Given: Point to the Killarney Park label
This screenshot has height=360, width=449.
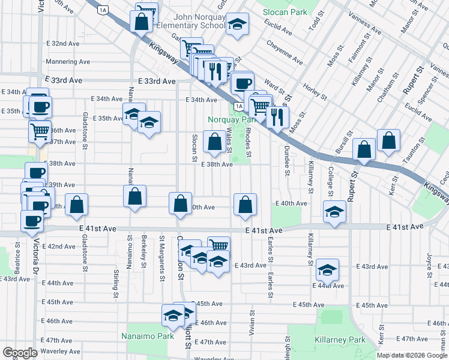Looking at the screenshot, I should click(340, 340).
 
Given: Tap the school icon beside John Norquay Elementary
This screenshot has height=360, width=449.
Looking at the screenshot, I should click(238, 25).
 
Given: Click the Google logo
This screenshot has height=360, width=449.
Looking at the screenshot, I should click(20, 353).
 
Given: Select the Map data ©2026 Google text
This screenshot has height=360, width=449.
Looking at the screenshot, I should click(412, 355).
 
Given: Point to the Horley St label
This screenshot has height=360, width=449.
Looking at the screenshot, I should click(315, 89).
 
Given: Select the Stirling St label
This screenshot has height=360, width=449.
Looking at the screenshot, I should click(115, 284).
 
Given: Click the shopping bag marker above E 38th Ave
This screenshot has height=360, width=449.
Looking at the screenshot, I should click(215, 142).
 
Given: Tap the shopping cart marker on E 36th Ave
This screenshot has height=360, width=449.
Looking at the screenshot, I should click(40, 130).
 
